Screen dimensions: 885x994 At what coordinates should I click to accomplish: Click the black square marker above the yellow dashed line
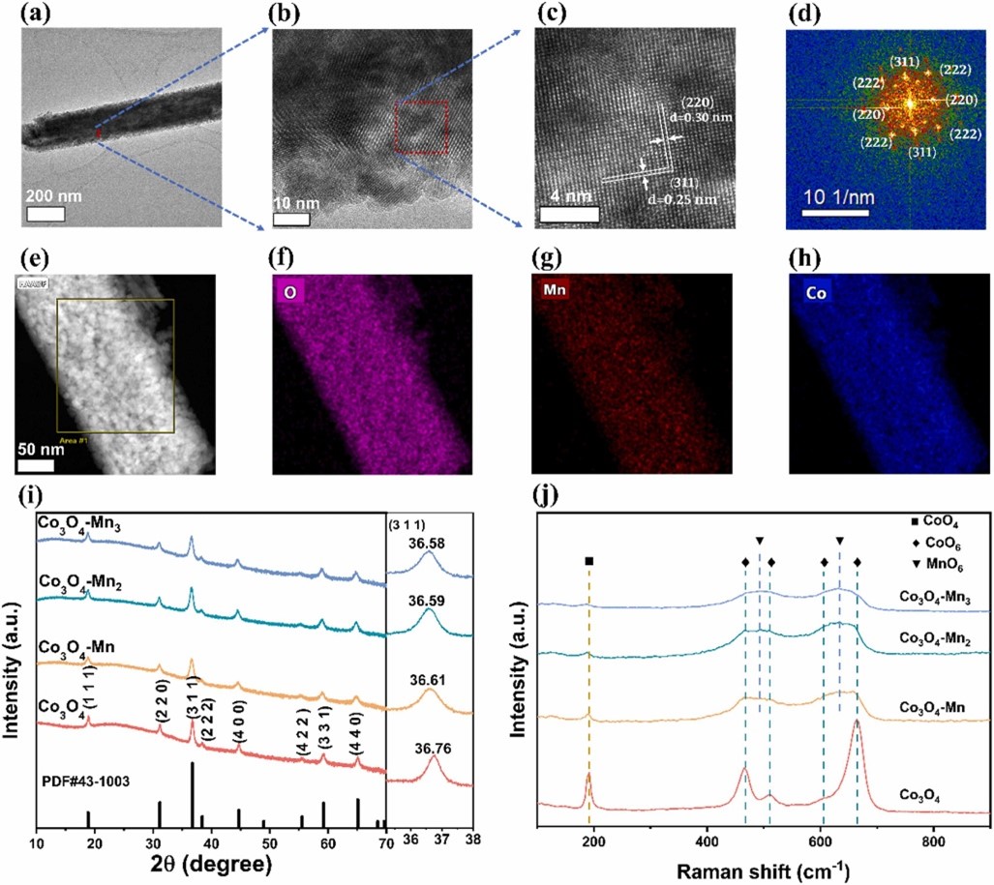click(x=588, y=561)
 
